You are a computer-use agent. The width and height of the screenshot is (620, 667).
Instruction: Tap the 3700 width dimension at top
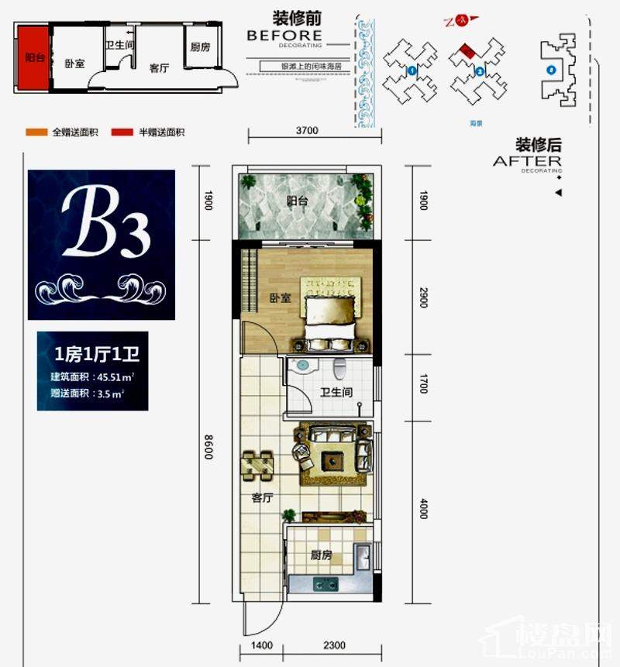coord(307,130)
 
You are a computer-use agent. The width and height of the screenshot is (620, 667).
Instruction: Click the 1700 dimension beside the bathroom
coord(423,383)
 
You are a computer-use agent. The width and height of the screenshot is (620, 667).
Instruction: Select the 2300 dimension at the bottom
coord(334,645)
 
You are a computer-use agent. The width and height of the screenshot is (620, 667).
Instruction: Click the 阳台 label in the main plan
coord(297,201)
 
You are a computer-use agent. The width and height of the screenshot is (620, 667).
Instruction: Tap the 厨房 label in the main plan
coord(321,555)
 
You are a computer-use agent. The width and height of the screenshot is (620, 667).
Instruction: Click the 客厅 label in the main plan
coord(263,499)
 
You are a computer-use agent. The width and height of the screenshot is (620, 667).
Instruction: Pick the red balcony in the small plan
coord(33,58)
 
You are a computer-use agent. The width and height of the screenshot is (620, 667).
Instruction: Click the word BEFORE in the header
coord(284,35)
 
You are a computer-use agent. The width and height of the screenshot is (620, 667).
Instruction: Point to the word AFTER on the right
coord(527,160)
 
